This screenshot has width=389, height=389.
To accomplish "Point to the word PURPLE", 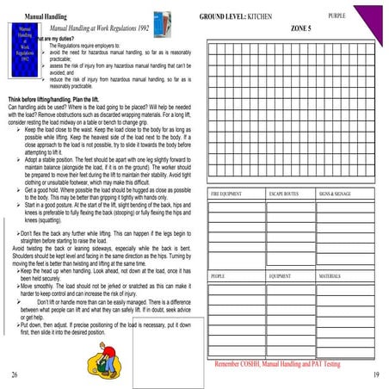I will [x=338, y=15].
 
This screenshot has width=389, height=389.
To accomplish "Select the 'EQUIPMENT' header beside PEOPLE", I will [x=281, y=276].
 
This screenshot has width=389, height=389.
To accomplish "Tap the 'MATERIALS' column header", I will [x=330, y=276].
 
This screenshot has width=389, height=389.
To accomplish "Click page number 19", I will [x=376, y=376].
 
